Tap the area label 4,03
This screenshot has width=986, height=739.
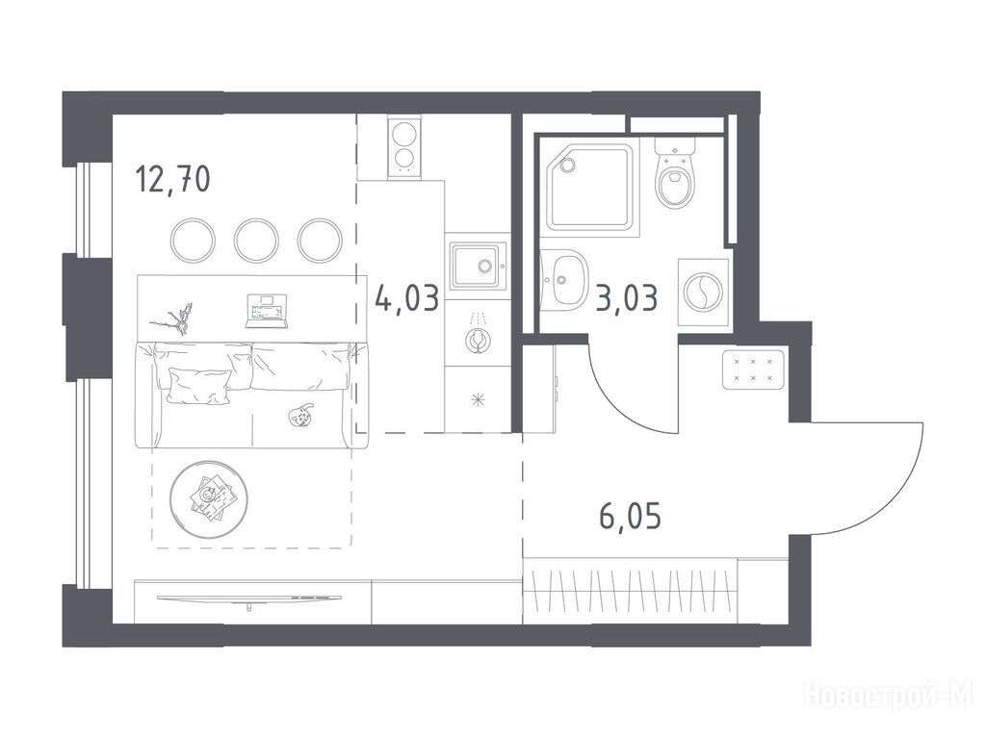(x=406, y=297)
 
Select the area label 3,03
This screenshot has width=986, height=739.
(x=626, y=298)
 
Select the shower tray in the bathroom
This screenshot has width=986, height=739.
(x=588, y=188)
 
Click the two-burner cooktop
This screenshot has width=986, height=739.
(x=403, y=147)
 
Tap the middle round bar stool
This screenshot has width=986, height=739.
(x=256, y=240)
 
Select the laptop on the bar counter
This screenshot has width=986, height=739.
(x=267, y=311)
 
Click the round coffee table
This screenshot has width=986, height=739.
(x=209, y=499)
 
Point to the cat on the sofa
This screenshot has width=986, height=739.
(x=300, y=415)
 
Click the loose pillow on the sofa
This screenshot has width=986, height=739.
(x=197, y=385)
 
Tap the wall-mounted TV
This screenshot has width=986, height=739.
(x=249, y=599)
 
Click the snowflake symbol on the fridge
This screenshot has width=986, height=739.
(x=478, y=400)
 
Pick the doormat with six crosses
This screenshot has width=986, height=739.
(x=752, y=370)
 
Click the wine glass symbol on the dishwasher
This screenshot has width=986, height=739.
(x=478, y=337)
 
